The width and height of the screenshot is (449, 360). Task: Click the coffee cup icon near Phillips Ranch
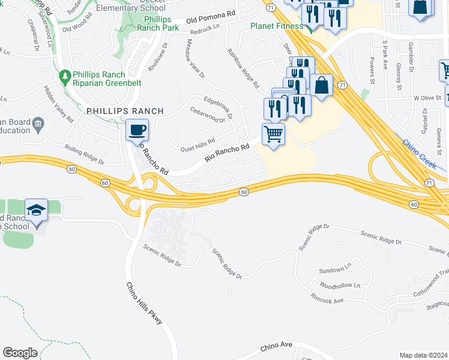137,130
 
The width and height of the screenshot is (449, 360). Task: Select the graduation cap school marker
36,211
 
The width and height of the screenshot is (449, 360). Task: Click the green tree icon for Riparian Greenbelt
64,76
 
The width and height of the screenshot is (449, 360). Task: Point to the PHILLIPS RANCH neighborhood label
125,111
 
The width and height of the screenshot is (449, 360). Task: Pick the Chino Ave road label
276,346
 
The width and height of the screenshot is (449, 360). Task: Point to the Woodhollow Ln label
340,286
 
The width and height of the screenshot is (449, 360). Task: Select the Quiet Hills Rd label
197,144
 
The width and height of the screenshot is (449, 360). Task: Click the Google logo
20,353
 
